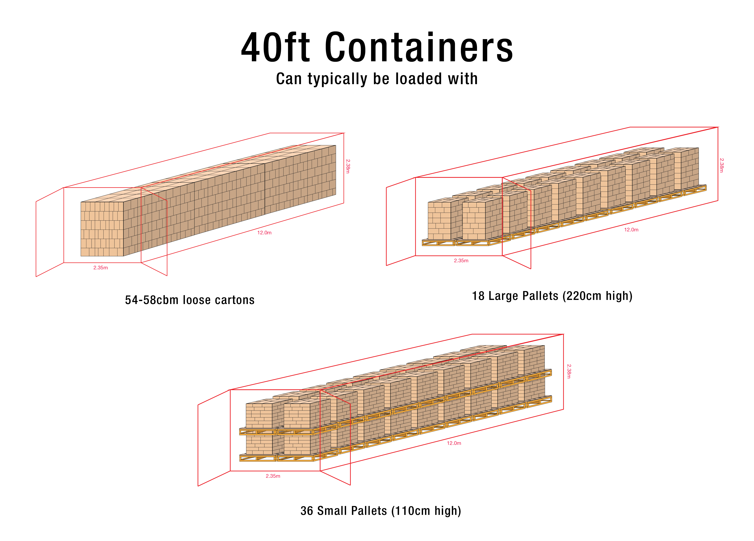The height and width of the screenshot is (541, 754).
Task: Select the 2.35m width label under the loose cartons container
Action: click(x=100, y=268)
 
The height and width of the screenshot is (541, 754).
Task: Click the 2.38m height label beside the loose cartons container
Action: click(x=348, y=166)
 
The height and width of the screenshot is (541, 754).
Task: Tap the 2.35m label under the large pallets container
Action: click(x=461, y=261)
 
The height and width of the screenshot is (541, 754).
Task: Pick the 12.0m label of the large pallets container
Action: click(x=631, y=230)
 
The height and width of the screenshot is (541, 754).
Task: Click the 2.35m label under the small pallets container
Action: click(x=273, y=476)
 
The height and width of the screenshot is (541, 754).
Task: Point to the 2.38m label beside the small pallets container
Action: click(x=569, y=371)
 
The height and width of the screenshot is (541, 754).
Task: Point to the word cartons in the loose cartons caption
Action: click(x=235, y=300)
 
